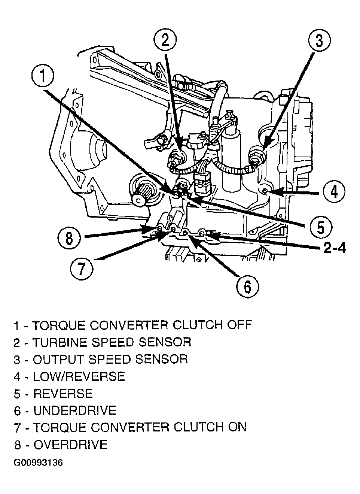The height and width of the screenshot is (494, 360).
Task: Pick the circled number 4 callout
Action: tap(334, 192)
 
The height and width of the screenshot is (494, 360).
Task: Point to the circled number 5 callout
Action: tap(321, 227)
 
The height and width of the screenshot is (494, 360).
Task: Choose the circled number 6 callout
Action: tap(248, 287)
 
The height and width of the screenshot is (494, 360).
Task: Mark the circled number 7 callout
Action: tap(82, 269)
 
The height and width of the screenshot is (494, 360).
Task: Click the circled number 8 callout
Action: tap(69, 239)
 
